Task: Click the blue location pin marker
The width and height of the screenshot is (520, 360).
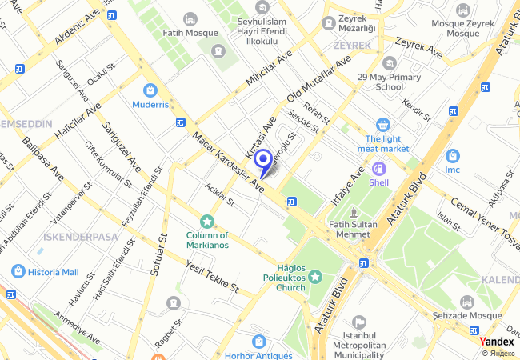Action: (262, 160)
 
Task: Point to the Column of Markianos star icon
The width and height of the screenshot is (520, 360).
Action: (207, 221)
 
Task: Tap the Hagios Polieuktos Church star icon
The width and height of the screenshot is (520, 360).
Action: (315, 277)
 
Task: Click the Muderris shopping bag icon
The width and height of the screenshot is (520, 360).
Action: (150, 90)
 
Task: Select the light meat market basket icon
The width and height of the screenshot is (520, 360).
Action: (382, 125)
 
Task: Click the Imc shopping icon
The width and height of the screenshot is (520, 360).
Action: (452, 155)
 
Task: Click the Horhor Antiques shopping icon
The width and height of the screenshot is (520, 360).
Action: (258, 340)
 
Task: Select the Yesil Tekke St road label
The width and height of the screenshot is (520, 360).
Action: (212, 274)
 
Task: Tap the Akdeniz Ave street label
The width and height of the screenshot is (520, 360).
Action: (79, 28)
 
